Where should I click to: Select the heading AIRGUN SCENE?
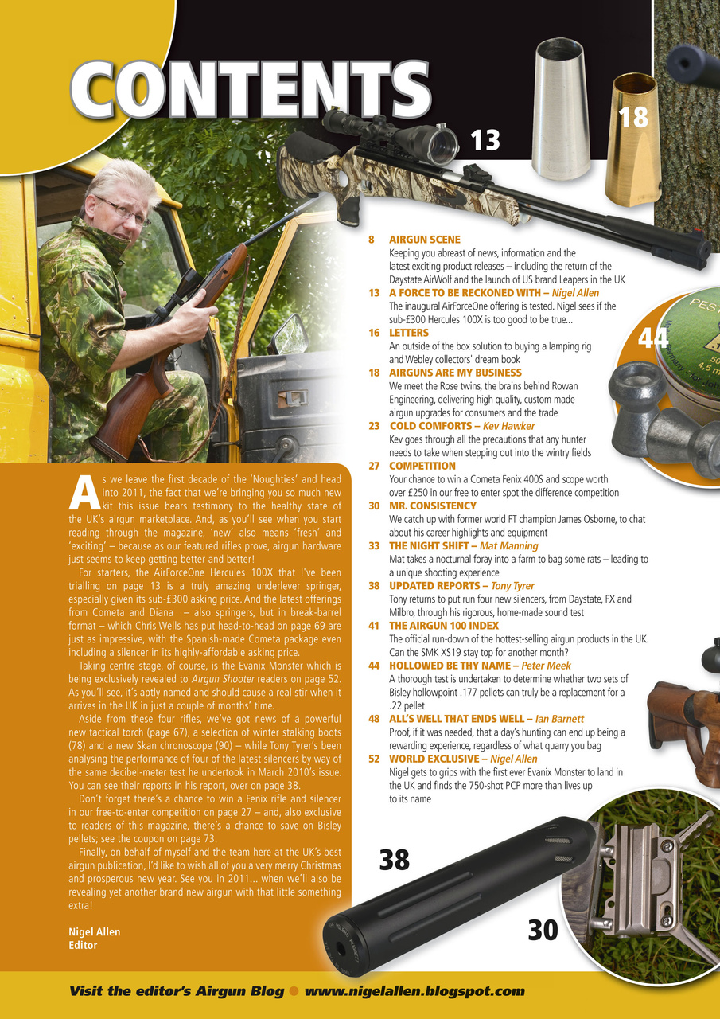point(424,239)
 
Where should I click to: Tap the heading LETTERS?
point(408,333)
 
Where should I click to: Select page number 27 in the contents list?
point(373,466)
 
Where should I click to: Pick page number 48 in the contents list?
point(373,719)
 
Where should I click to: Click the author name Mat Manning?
point(509,546)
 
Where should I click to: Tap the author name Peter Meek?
point(547,666)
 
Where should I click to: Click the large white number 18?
point(634,118)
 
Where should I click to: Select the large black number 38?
point(395,860)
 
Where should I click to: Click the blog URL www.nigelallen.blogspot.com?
point(414,991)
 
